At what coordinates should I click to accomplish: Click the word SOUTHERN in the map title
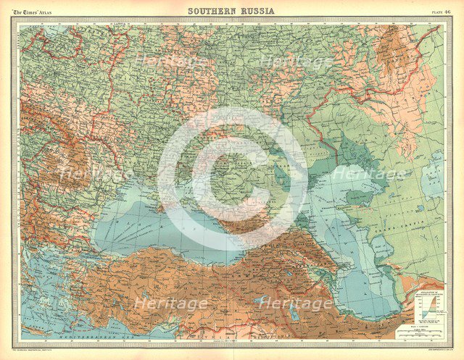(210, 11)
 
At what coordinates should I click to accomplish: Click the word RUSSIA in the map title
(255, 11)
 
